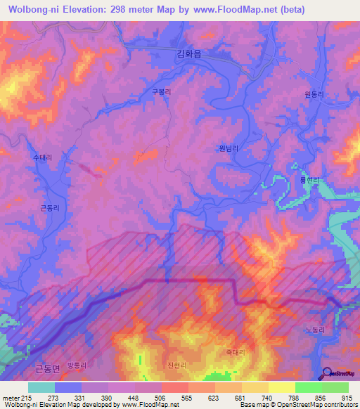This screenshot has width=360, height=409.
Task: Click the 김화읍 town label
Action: click(x=188, y=53)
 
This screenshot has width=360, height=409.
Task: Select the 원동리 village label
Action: click(x=313, y=94)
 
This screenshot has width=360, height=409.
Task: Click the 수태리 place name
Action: click(x=43, y=159)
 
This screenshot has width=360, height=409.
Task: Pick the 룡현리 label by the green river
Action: click(x=310, y=181)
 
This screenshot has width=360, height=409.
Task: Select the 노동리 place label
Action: click(x=315, y=329)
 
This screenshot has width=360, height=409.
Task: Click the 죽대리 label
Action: click(x=235, y=352)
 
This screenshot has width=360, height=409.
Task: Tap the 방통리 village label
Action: click(x=75, y=365)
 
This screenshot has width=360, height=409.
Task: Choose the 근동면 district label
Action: click(x=47, y=368)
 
